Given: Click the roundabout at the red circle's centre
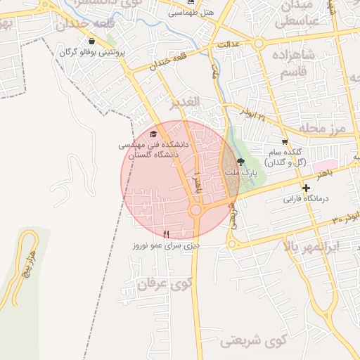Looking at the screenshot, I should tap(195, 210).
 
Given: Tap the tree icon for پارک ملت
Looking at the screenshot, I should tap(241, 162).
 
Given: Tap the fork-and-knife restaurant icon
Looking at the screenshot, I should tap(167, 234).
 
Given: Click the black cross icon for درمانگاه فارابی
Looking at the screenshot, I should tap(306, 188).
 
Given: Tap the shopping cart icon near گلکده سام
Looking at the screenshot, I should tap(284, 141).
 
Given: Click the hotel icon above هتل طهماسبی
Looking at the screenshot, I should tap(172, 3).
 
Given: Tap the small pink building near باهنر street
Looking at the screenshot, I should tap(324, 165).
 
